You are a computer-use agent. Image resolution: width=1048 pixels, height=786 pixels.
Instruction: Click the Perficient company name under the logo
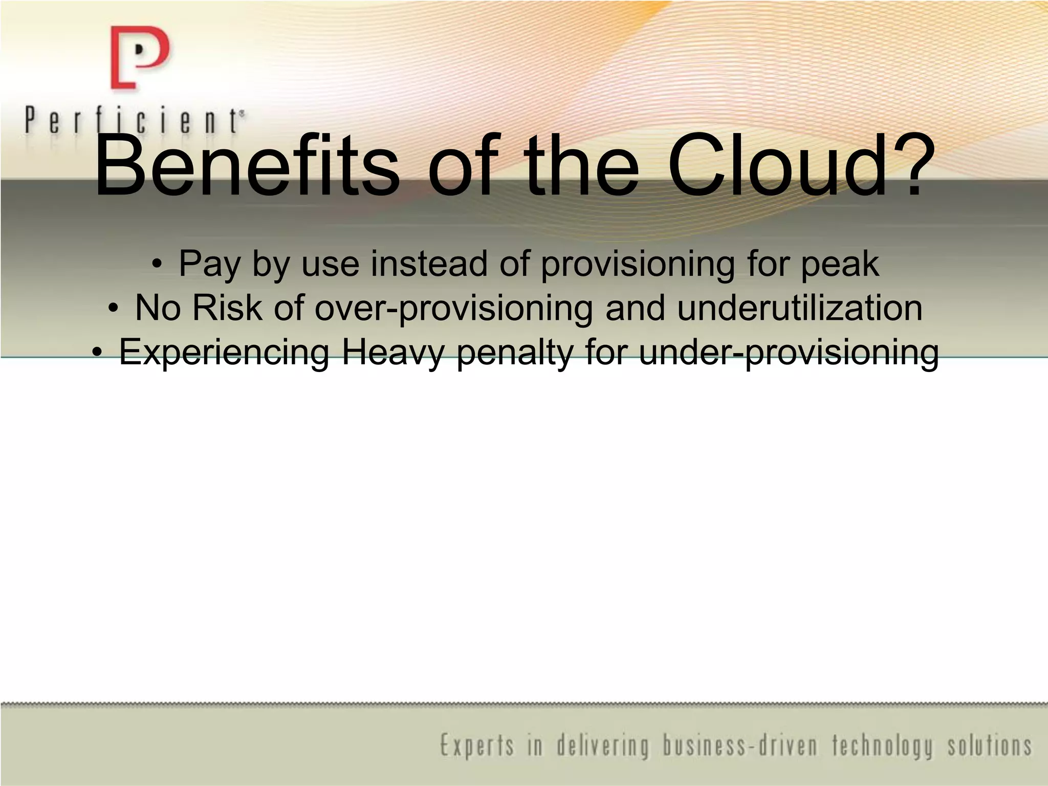click(134, 121)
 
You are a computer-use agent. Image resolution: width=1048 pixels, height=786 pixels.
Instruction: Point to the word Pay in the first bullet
click(210, 265)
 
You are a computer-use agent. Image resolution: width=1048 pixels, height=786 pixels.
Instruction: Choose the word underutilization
click(800, 308)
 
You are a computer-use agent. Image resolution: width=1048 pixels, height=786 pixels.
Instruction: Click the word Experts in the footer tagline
click(477, 746)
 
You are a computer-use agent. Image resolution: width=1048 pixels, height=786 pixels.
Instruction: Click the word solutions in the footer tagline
click(990, 746)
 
